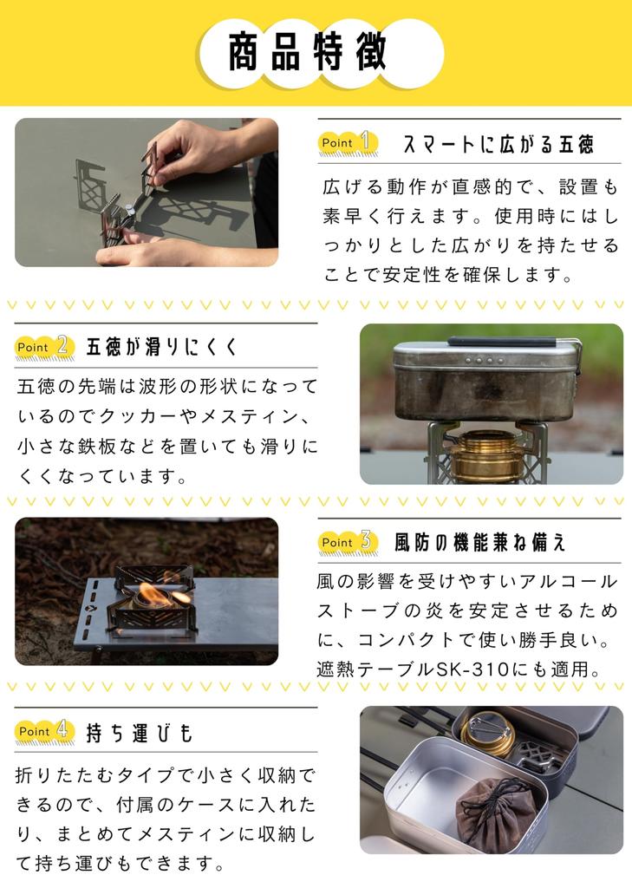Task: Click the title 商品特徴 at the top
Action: [308, 51]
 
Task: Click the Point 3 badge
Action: [349, 543]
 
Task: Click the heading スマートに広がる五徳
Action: [498, 145]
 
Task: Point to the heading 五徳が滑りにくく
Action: [162, 347]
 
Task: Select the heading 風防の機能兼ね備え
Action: [480, 543]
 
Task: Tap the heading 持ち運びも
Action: [140, 733]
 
